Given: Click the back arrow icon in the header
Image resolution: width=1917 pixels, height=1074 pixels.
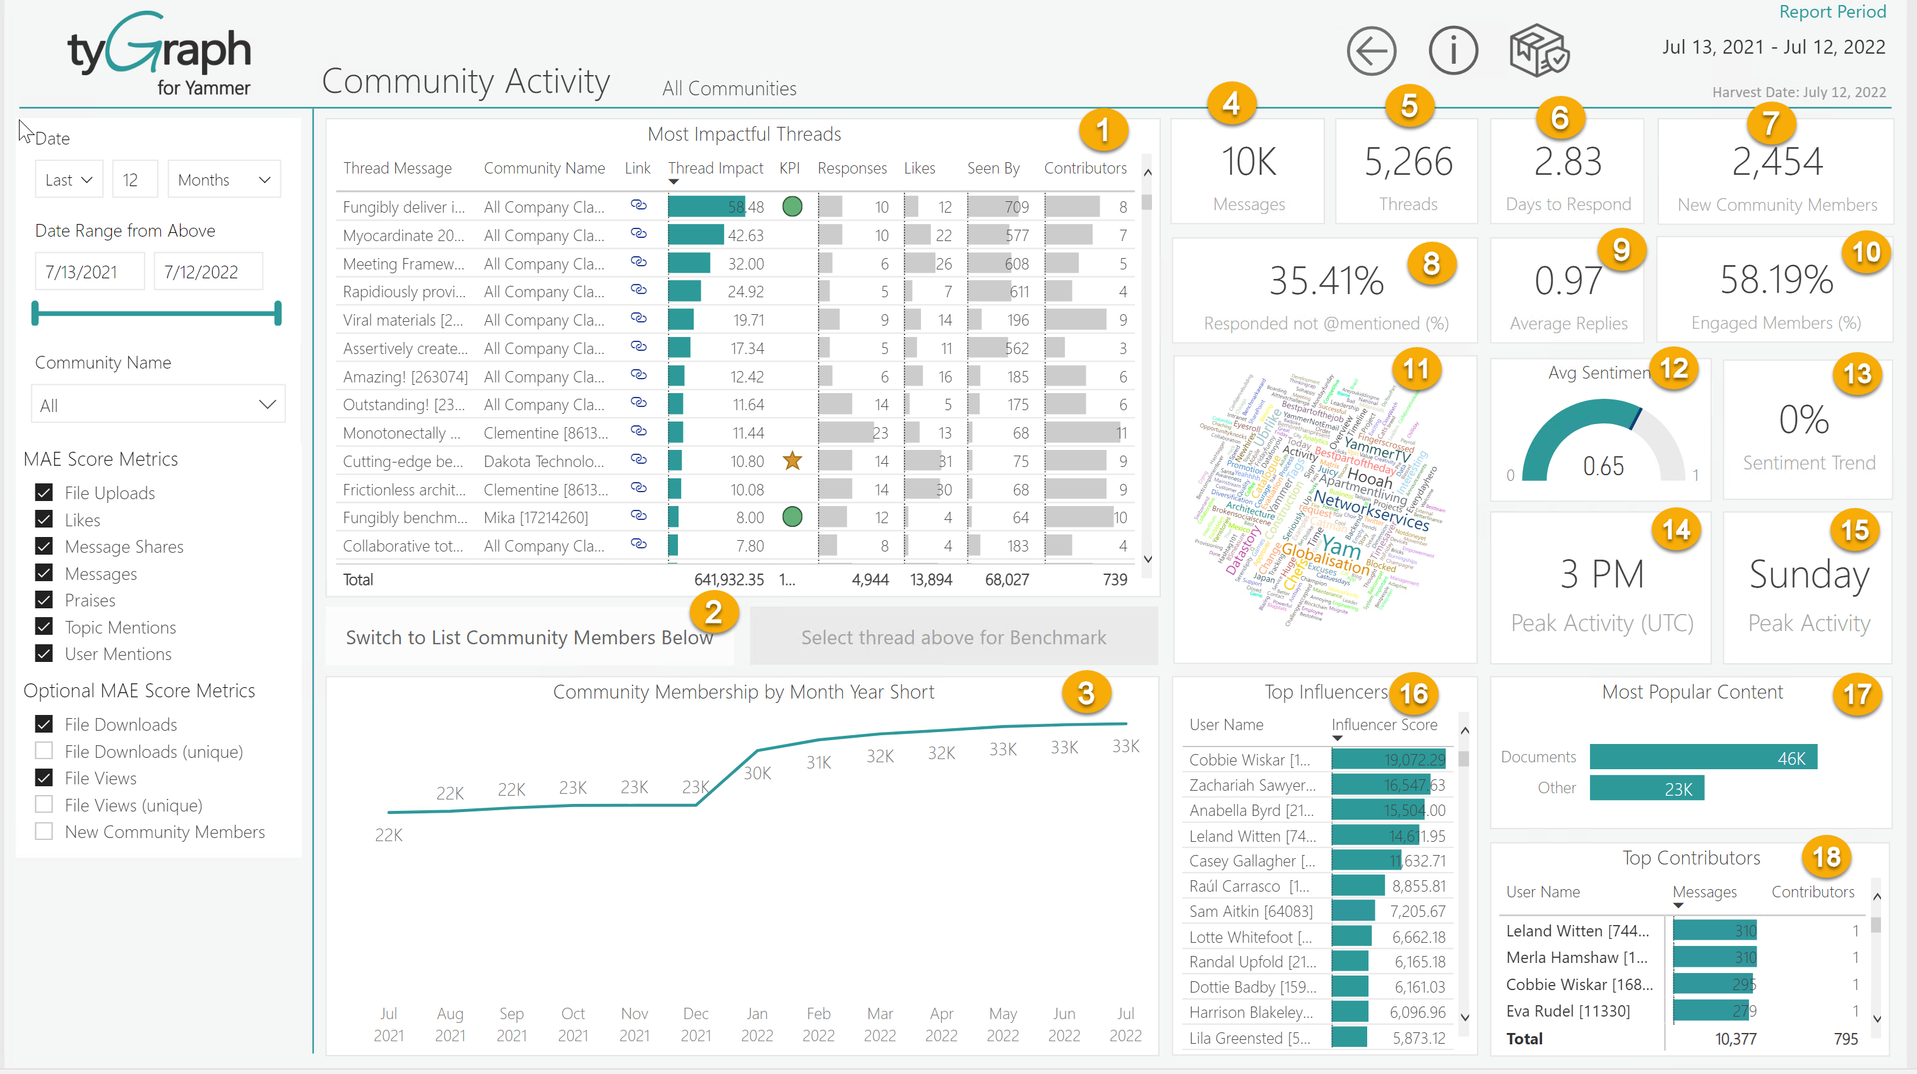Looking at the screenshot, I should pos(1371,51).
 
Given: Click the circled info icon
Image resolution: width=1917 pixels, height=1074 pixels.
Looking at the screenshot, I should pos(1452,51).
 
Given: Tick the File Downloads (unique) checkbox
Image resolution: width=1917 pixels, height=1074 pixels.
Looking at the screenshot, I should pos(44,750).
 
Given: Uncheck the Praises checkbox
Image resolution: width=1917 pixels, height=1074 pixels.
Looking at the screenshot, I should pos(44,599).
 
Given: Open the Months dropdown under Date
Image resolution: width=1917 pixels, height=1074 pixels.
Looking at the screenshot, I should pos(223,179).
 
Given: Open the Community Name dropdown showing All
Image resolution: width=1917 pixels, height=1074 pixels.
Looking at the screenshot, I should pos(158,404).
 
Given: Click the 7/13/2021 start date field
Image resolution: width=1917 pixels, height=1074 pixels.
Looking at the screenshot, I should pos(82,271).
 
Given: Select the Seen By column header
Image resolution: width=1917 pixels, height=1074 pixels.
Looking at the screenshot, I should pos(993,168).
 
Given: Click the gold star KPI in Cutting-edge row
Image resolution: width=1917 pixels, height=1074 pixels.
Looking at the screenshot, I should pos(792,461).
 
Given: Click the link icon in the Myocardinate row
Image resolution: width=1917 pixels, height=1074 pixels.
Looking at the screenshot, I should pos(638,233).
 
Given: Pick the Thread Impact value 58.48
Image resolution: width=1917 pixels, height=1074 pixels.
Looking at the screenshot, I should pos(745,207).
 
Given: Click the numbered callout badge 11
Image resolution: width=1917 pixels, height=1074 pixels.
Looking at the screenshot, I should pos(1415,369).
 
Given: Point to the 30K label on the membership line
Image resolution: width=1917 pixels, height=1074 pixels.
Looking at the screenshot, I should pos(757,774).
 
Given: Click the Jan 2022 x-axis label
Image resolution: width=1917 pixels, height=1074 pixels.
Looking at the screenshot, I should pos(757,1024).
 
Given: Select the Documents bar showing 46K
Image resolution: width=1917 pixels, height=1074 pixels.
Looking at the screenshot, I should pos(1702,757).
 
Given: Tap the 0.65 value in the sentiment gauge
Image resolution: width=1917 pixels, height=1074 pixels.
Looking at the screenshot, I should pos(1603,466).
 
